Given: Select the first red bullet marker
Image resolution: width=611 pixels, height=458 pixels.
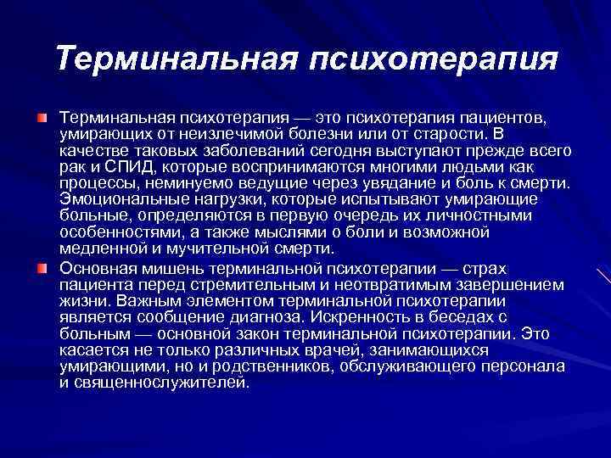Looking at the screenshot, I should tap(42, 115).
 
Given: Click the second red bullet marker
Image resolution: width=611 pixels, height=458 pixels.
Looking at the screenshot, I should tap(42, 269).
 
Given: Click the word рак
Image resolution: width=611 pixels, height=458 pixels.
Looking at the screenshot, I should tap(70, 167).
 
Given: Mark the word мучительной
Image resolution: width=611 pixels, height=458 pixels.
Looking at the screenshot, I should tap(216, 249).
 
